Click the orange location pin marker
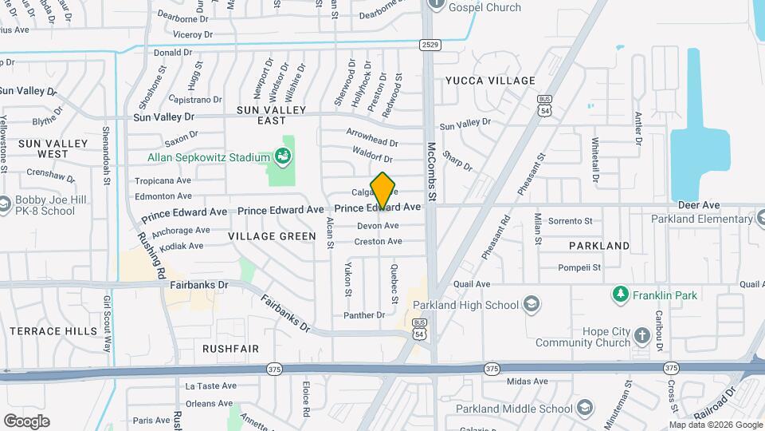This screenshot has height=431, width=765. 383,191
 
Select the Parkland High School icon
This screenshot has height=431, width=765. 532,304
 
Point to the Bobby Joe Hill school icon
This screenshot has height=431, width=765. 6,205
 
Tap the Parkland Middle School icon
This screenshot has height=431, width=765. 586,409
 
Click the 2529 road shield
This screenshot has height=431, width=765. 430,45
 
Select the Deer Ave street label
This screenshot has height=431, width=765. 693,205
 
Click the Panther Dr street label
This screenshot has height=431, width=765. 364,315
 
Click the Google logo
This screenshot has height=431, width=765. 26,421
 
